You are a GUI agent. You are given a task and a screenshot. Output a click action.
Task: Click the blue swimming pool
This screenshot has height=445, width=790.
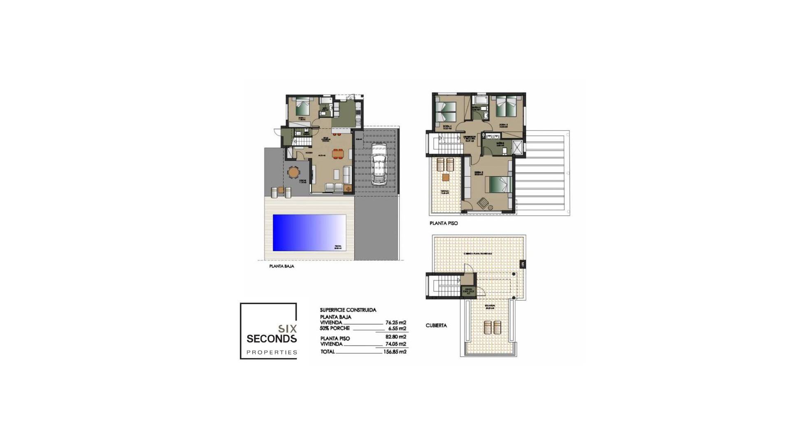click(x=309, y=232)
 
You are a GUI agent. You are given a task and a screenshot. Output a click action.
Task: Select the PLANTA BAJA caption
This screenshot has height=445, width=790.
click(x=282, y=267)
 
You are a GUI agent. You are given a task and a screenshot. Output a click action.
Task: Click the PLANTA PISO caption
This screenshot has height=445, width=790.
click(x=444, y=223)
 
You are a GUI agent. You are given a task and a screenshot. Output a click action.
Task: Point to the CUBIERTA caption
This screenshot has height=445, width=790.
click(x=436, y=326)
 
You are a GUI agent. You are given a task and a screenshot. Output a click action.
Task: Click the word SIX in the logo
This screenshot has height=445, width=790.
click(x=288, y=328)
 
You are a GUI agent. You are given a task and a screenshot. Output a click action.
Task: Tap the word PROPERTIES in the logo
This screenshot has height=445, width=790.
click(x=272, y=352)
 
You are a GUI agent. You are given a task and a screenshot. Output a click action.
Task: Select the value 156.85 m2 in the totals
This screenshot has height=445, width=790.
click(x=395, y=352)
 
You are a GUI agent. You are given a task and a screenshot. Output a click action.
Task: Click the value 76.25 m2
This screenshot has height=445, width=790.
click(x=396, y=323)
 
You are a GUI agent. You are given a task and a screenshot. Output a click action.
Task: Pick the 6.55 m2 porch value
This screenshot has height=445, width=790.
click(x=397, y=328)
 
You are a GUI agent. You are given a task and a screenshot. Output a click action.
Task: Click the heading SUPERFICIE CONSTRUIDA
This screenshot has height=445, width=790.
click(x=348, y=310)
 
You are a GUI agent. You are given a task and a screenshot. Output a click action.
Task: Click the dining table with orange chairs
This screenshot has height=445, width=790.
click(x=338, y=153)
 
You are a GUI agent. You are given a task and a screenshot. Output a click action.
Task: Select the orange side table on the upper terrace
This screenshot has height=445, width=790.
click(x=446, y=178)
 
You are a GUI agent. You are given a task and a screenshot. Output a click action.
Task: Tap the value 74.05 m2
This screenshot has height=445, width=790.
click(x=395, y=344)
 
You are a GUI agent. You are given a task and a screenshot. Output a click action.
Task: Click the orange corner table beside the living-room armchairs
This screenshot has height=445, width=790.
click(x=348, y=189)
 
